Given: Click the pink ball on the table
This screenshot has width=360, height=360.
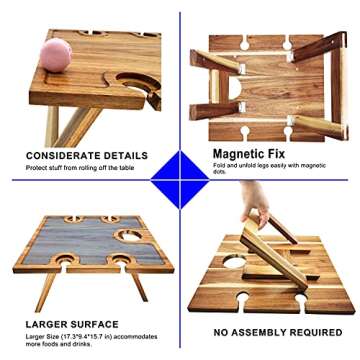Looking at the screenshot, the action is (x=56, y=55).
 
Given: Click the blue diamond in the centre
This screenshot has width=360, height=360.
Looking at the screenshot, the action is (x=180, y=180).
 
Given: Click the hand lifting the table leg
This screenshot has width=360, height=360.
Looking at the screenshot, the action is (x=255, y=203).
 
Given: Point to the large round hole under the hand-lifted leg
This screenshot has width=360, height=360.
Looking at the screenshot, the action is (x=235, y=262).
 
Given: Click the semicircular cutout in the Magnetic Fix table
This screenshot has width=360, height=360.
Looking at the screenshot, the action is (x=235, y=88).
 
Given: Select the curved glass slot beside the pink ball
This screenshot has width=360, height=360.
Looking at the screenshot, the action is (x=138, y=83).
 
